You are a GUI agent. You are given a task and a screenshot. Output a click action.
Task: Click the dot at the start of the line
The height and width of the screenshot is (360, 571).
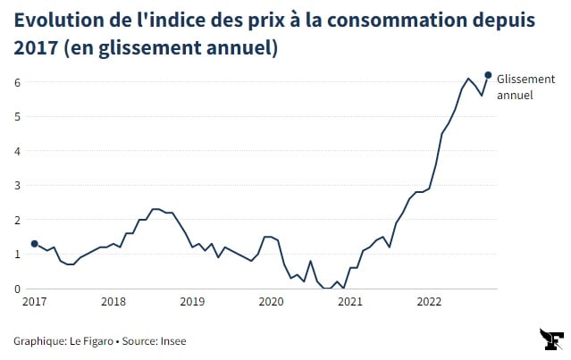pyautogui.click(x=34, y=243)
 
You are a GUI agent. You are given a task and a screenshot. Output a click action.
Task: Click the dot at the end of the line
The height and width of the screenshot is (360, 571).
pyautogui.click(x=488, y=75)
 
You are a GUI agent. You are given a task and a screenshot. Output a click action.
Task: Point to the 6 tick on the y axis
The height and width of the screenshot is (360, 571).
pyautogui.click(x=17, y=82)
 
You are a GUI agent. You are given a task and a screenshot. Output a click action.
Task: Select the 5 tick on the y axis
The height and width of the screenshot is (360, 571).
pyautogui.click(x=17, y=116)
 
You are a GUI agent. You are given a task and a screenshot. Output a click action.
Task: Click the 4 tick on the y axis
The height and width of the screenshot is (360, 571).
pyautogui.click(x=17, y=151)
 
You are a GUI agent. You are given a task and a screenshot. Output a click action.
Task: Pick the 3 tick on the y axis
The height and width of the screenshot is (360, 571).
pyautogui.click(x=17, y=185)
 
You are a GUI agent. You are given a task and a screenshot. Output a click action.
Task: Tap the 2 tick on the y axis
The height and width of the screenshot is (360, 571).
pyautogui.click(x=17, y=220)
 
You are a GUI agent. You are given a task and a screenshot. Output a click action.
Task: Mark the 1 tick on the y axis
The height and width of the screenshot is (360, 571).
pyautogui.click(x=17, y=254)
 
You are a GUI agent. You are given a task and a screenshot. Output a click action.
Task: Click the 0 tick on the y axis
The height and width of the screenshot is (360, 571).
pyautogui.click(x=17, y=289)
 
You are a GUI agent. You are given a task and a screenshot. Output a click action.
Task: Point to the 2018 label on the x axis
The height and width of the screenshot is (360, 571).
pyautogui.click(x=113, y=302)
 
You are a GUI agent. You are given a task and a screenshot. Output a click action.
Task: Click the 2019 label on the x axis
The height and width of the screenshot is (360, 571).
pyautogui.click(x=191, y=302)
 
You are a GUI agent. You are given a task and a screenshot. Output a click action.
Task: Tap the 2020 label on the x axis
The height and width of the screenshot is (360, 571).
pyautogui.click(x=270, y=302)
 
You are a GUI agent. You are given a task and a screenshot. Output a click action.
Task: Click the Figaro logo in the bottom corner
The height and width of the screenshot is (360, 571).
pyautogui.click(x=551, y=339)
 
